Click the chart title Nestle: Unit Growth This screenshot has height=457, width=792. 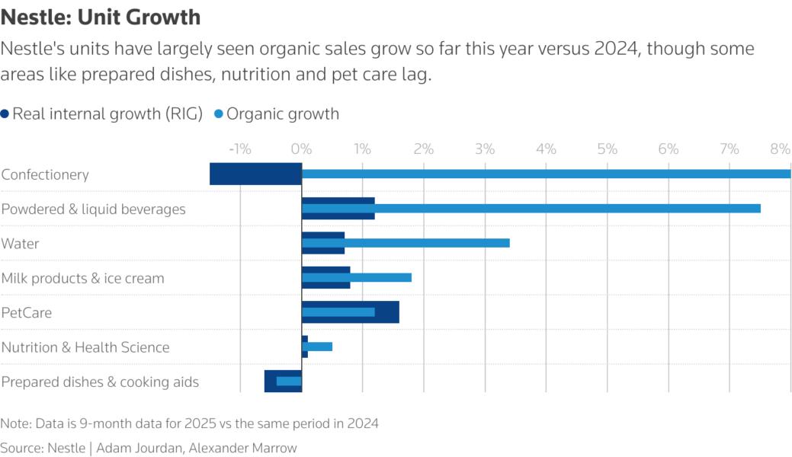point(101,16)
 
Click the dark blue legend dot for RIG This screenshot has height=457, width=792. point(5,114)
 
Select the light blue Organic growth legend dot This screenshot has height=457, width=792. point(219,114)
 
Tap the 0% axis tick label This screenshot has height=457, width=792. point(302,149)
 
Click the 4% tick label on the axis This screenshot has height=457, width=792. point(546,149)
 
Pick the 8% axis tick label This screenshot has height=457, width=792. point(780,149)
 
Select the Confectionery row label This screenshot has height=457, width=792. point(45,174)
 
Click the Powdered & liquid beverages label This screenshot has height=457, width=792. point(93,209)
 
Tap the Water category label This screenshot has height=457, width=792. point(20,244)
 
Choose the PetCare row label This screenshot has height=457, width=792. point(26,312)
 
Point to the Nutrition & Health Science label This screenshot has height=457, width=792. point(85,347)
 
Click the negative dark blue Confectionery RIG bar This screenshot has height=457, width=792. point(255,174)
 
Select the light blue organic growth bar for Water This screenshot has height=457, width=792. point(427,243)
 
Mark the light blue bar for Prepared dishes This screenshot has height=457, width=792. point(289,381)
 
